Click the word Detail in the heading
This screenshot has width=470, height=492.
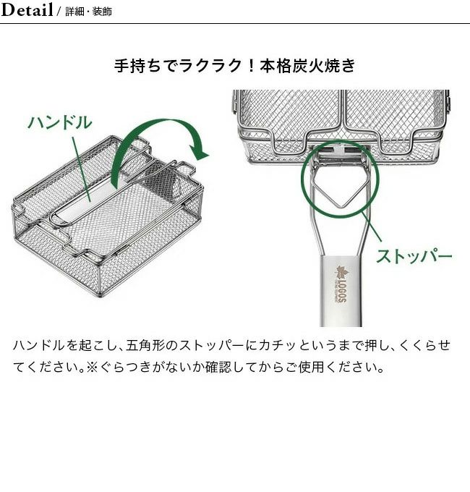click(x=27, y=9)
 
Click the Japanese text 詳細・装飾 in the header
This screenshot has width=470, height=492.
click(x=89, y=12)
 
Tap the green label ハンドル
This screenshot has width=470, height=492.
click(x=60, y=122)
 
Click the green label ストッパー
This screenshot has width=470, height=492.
click(x=414, y=256)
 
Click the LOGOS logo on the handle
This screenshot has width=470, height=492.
click(x=341, y=284)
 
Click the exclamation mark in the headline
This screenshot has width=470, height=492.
click(x=250, y=66)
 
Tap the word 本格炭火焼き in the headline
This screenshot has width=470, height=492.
click(x=307, y=66)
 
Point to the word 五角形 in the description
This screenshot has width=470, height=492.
click(x=145, y=345)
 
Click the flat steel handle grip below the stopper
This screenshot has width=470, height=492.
click(x=341, y=291)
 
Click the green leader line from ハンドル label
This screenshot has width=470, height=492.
click(x=82, y=169)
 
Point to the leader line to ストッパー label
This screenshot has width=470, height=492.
click(x=372, y=226)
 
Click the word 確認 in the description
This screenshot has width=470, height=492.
click(x=218, y=367)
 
